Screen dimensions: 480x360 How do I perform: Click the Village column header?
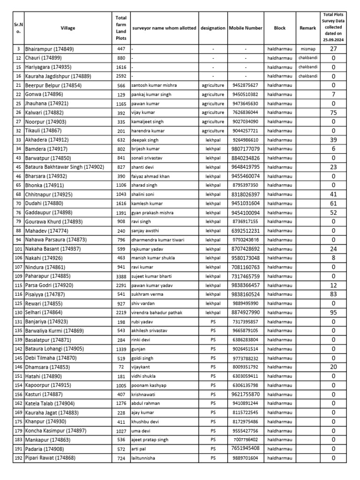click(67, 28)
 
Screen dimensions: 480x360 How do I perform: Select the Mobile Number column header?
click(245, 28)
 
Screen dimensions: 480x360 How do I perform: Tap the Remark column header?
click(308, 28)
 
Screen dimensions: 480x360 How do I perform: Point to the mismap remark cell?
click(308, 49)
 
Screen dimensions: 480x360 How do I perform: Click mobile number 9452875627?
click(245, 85)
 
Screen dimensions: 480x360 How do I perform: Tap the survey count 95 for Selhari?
click(333, 313)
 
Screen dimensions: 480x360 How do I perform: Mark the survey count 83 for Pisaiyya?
click(333, 294)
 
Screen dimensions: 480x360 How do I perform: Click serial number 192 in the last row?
click(18, 458)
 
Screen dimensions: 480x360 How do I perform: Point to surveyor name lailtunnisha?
click(145, 458)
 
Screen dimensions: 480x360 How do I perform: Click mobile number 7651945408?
click(245, 449)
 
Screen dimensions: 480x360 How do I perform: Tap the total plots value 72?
click(121, 367)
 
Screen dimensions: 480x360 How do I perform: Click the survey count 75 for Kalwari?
click(333, 112)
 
